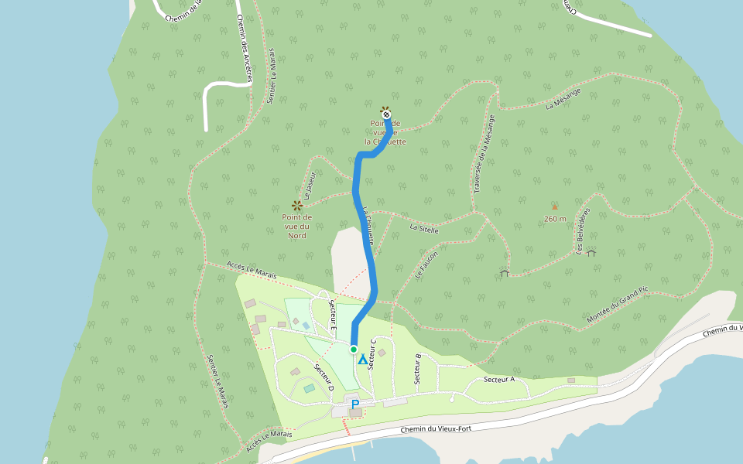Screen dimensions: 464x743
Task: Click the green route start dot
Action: [x=354, y=350]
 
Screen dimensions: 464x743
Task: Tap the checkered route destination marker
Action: [x=386, y=114]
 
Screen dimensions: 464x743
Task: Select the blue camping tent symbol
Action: [x=362, y=360]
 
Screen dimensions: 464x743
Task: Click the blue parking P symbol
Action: [x=355, y=404]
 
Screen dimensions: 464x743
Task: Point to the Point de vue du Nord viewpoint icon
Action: [x=296, y=205]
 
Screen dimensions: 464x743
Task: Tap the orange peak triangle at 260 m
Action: [x=554, y=206]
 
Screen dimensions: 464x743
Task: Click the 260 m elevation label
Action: [x=555, y=219]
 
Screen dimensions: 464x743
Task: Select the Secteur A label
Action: [x=499, y=380]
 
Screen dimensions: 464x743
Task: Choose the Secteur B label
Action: [x=418, y=370]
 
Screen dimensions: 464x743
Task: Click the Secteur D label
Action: [x=324, y=375]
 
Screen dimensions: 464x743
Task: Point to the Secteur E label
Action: [x=333, y=316]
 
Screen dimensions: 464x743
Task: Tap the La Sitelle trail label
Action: [x=424, y=229]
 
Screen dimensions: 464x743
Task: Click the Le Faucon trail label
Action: [x=426, y=264]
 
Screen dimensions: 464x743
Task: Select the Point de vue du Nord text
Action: [x=296, y=226]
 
